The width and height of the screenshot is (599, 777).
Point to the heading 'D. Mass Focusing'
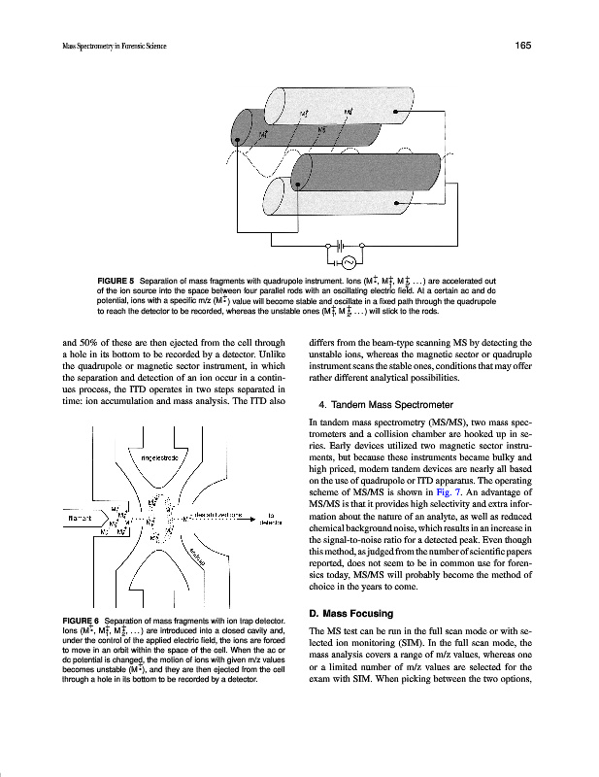pyautogui.click(x=350, y=614)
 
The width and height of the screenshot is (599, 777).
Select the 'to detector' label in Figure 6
pyautogui.click(x=270, y=518)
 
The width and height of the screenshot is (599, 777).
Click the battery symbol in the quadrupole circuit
pyautogui.click(x=342, y=245)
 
